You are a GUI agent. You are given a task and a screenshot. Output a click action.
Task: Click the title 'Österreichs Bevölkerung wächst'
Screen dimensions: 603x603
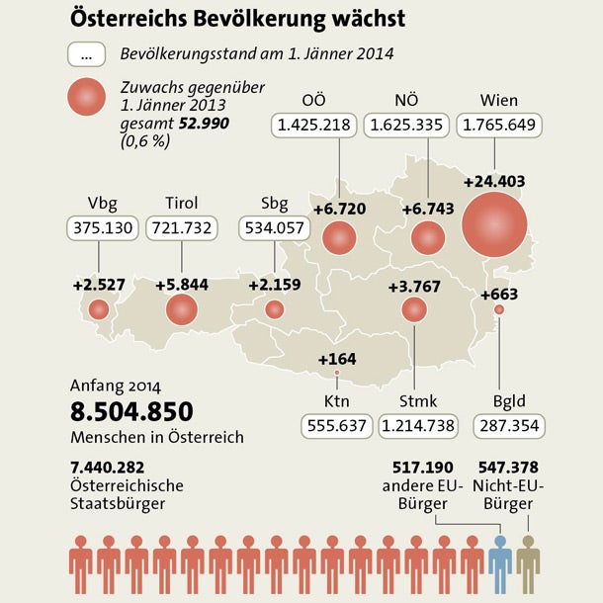coord(237,19)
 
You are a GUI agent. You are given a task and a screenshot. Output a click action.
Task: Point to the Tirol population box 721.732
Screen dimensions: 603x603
coord(183,229)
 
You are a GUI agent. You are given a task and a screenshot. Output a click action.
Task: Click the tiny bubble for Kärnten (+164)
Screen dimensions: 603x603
coord(338,373)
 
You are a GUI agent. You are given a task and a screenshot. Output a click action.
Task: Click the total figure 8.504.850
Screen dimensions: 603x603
coord(131,411)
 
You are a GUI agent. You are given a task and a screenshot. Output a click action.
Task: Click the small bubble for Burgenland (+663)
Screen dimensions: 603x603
coord(498,310)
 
